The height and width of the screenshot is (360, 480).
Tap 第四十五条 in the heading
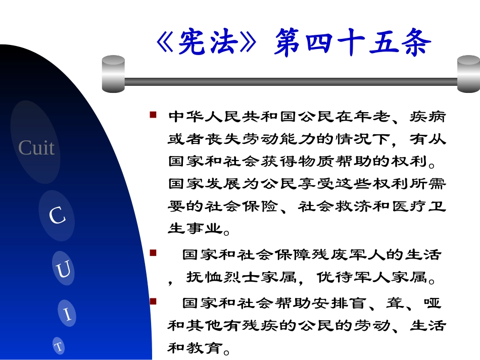click(x=352, y=42)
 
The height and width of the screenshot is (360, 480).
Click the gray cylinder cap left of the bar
click(x=113, y=74)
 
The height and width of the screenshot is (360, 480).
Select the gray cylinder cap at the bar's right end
click(x=468, y=74)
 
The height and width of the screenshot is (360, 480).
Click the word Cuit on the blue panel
click(x=36, y=148)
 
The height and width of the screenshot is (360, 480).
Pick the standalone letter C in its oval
click(x=57, y=216)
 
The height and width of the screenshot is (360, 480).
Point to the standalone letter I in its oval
click(x=68, y=315)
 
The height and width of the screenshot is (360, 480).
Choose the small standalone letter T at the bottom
click(x=59, y=346)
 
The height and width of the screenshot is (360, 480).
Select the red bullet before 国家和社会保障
click(x=153, y=252)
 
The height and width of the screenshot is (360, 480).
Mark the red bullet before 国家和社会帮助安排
click(x=153, y=301)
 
